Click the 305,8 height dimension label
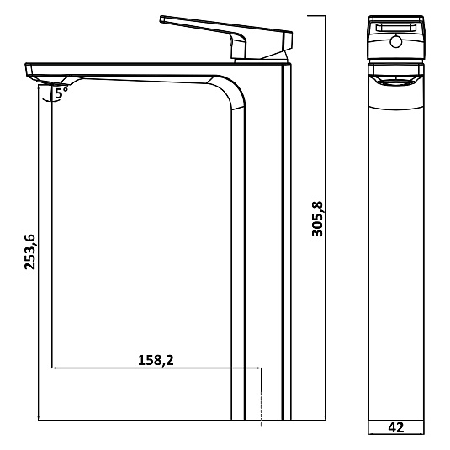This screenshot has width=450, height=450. tap(317, 219)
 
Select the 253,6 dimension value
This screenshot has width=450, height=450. tap(29, 252)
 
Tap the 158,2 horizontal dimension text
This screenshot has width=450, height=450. tap(156, 360)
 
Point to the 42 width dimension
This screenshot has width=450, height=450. tap(396, 427)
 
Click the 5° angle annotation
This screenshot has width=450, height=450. tap(61, 93)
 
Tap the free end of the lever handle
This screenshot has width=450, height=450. tap(162, 19)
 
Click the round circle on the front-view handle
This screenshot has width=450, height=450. tap(396, 42)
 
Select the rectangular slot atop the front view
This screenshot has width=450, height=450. tap(396, 28)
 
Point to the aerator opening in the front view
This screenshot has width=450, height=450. tap(396, 82)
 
